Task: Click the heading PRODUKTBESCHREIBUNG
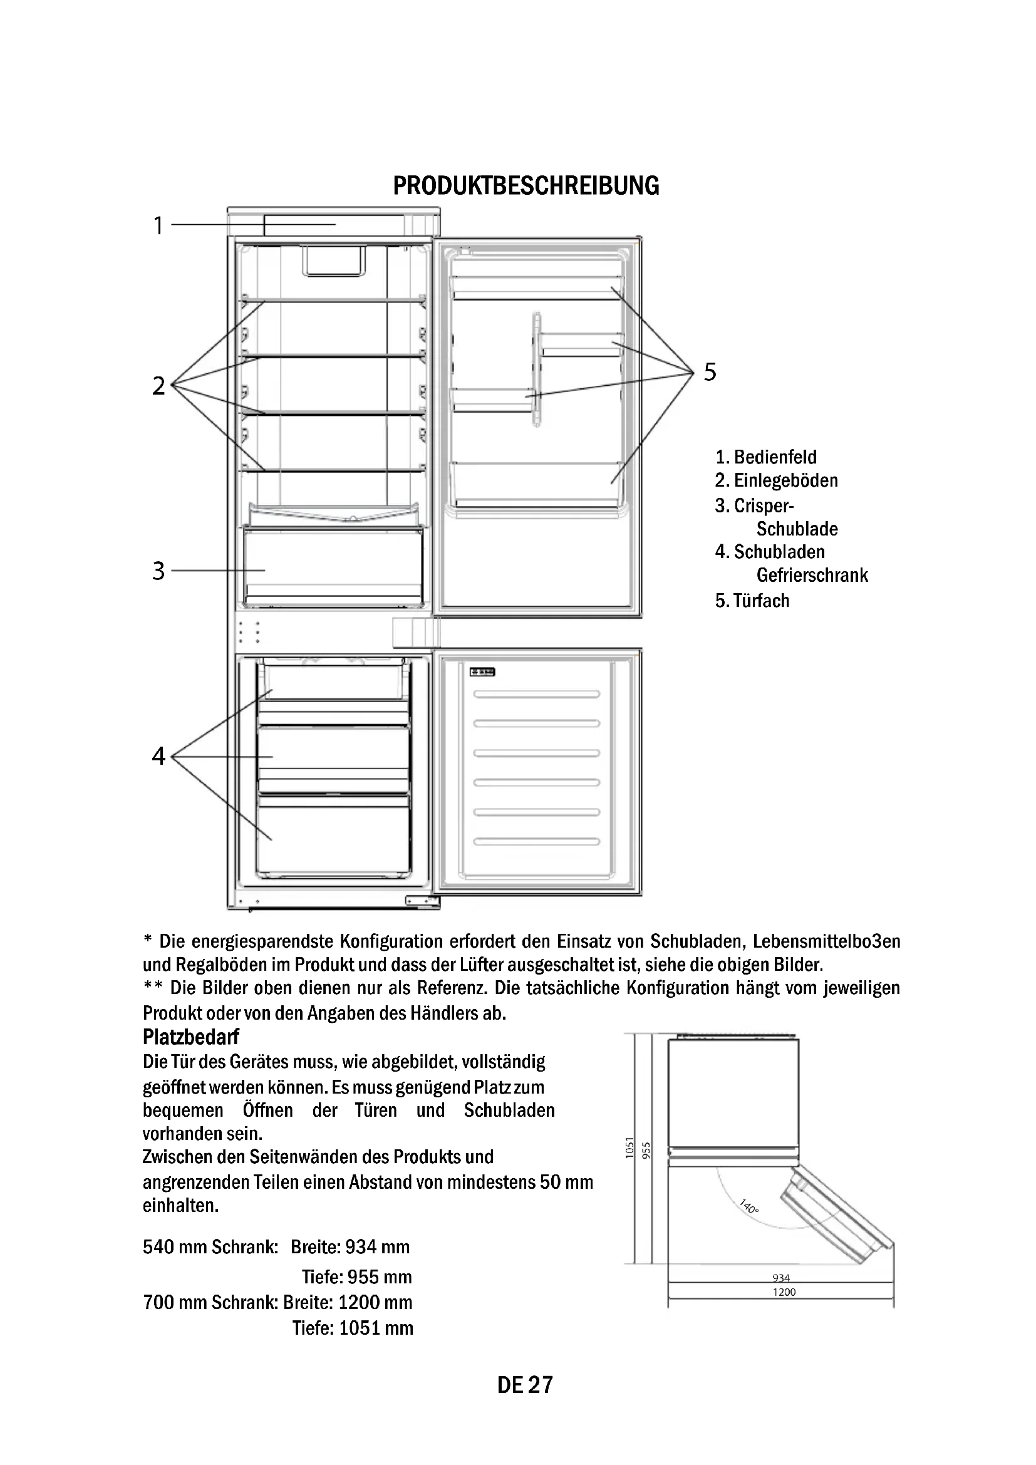[526, 185]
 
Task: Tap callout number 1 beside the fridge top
[158, 225]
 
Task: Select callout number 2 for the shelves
[158, 385]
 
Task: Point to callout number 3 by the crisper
[158, 571]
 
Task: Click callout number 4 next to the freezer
[158, 756]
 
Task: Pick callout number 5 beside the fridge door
[710, 371]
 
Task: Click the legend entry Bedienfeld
[774, 457]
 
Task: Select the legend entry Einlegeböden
[785, 480]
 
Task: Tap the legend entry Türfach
[761, 601]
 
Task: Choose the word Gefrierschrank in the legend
[812, 575]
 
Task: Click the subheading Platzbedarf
[191, 1037]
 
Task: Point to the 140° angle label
[749, 1206]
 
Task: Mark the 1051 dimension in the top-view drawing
[629, 1148]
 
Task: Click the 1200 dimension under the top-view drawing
[784, 1292]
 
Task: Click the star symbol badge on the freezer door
[483, 672]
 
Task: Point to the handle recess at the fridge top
[334, 262]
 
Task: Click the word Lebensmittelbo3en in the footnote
[826, 942]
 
